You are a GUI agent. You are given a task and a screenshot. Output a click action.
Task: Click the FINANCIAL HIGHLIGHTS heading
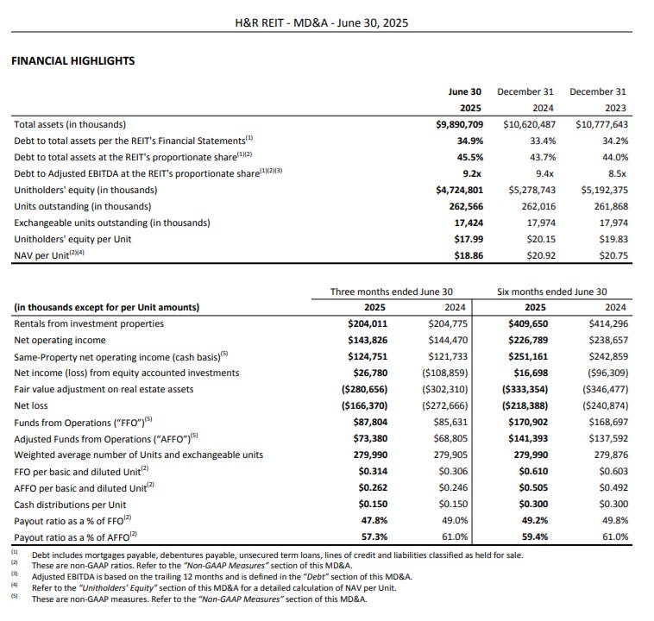pos(72,60)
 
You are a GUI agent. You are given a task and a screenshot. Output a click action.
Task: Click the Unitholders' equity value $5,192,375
pos(601,190)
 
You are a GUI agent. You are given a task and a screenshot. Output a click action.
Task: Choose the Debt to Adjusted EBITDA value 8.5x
pos(615,173)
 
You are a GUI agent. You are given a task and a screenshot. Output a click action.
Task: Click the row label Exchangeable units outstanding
pos(112,223)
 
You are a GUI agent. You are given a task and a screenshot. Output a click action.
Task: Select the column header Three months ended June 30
pos(392,292)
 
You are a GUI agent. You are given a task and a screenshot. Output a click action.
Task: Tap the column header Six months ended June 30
pos(552,292)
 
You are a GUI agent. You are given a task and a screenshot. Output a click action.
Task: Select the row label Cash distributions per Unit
pos(70,504)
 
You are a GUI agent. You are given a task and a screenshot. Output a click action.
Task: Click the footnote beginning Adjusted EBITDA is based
pos(222,576)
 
